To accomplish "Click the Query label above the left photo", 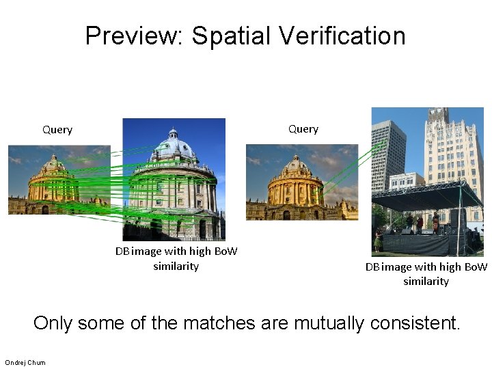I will coord(57,130).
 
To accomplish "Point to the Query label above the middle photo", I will coord(303,129).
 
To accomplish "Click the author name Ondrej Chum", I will coord(25,362).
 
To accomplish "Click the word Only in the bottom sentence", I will coord(52,323).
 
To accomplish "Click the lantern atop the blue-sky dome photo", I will coord(173,132).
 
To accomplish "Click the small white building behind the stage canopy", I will coord(406,180).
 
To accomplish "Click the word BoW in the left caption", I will coord(225,251).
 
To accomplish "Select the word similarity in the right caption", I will coord(426,282).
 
